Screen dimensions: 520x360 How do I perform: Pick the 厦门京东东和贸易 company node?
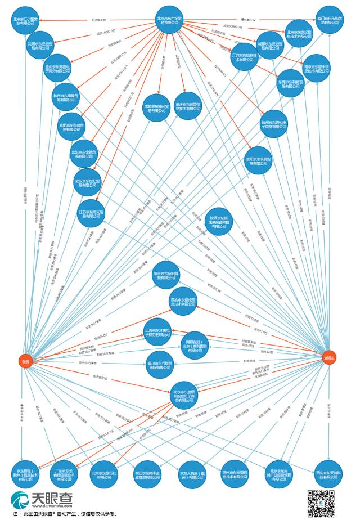[x=329, y=20]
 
